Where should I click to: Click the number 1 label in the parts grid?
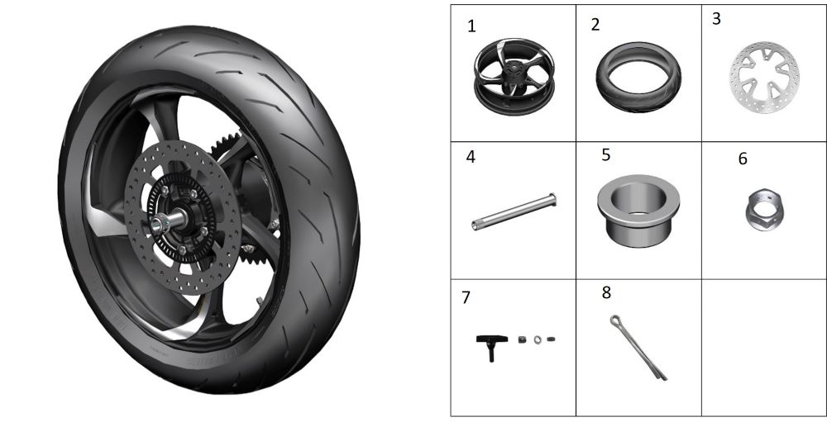pos(471,26)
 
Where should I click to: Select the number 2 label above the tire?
pos(595,25)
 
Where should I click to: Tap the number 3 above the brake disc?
pos(716,18)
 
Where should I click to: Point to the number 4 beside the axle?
pos(471,156)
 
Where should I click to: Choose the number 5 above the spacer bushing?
pos(606,155)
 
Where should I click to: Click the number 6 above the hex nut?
pos(743,159)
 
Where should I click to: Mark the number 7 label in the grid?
pos(466,297)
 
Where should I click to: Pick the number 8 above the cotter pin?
pos(606,292)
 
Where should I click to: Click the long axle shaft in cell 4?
pos(514,211)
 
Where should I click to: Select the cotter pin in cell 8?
pos(638,348)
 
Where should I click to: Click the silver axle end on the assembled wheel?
pos(158,225)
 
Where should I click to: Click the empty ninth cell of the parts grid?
pos(763,348)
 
